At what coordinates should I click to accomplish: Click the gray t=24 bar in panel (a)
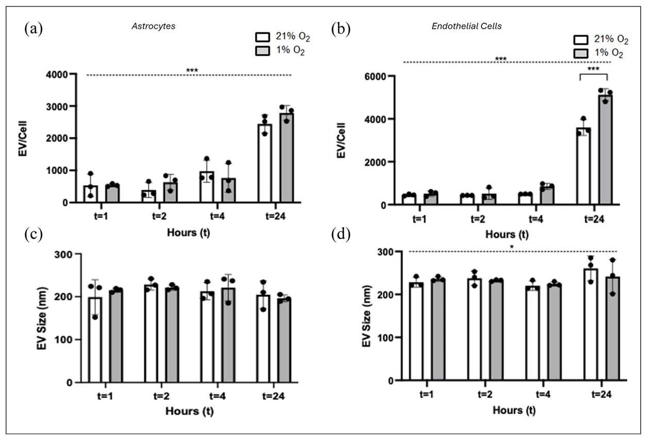[287, 160]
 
